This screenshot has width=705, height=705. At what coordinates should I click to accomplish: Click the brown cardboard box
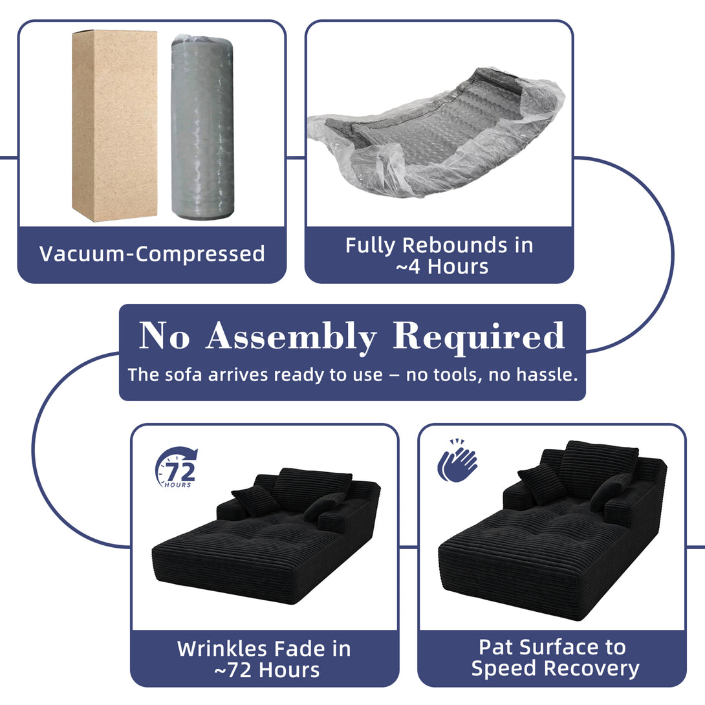(114, 126)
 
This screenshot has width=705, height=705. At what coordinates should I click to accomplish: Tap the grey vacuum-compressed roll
(202, 127)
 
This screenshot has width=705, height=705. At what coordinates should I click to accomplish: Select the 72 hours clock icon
(176, 467)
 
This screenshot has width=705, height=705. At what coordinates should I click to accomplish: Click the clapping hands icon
(457, 461)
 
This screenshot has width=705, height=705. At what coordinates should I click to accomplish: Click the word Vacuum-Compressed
(152, 254)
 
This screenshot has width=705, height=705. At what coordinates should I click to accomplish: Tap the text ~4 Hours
(442, 266)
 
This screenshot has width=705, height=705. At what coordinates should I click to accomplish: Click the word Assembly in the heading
(291, 337)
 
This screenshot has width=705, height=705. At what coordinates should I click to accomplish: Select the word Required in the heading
(479, 337)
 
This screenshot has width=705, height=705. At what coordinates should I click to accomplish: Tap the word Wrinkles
(221, 649)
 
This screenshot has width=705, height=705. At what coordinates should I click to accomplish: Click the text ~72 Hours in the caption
(267, 670)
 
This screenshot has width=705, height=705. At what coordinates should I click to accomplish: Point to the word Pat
(496, 647)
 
